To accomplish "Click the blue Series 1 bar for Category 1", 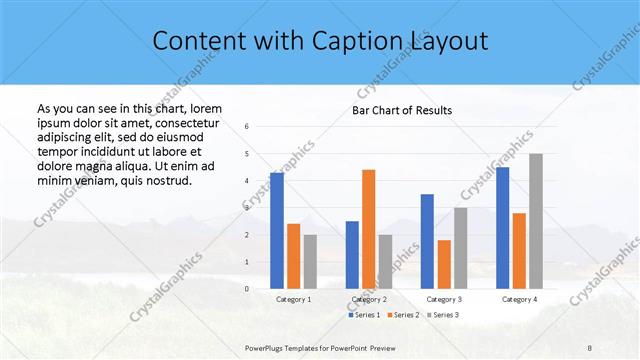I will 276,230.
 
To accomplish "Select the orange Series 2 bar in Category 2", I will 368,229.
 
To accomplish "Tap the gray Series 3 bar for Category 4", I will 536,221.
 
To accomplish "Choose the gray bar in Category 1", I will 310,261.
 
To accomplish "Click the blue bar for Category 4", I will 502,227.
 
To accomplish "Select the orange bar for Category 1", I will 293,256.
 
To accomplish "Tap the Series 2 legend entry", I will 404,315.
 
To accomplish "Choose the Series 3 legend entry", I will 443,315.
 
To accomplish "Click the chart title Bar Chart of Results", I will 402,110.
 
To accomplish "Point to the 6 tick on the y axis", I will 248,127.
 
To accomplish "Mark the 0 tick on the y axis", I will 248,289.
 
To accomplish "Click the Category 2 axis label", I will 369,299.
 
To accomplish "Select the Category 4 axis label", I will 519,299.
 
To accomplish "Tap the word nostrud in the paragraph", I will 167,181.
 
